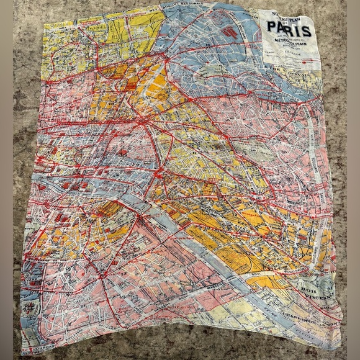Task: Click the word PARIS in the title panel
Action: pos(290,30)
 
